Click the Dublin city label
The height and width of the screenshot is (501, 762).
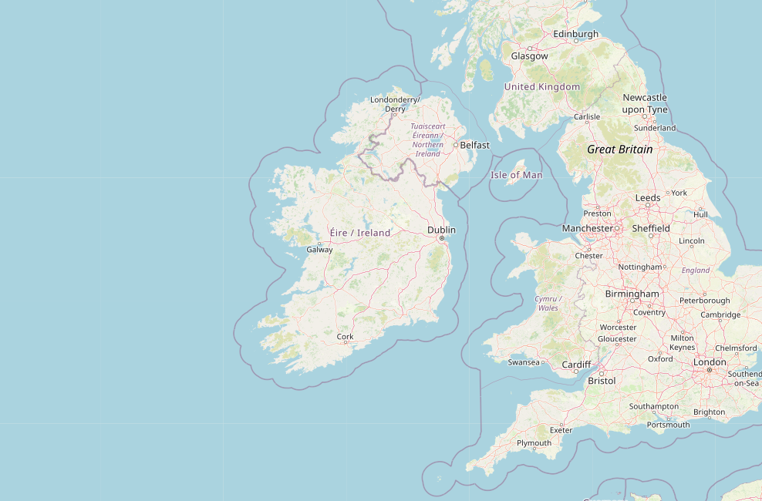tap(442, 230)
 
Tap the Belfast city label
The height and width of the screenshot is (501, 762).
tap(474, 145)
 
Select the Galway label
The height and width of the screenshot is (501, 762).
tap(319, 250)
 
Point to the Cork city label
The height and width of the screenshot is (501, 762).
tap(345, 337)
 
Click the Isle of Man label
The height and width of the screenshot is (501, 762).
tap(516, 175)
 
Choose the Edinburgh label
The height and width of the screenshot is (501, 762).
tap(575, 34)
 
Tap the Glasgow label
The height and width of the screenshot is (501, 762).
tap(529, 56)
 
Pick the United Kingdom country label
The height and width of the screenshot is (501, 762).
tap(541, 87)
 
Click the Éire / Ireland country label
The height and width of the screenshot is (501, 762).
tap(359, 233)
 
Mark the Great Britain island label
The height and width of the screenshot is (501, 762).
tap(619, 150)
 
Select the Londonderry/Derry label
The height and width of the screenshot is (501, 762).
tap(395, 104)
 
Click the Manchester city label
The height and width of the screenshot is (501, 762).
tap(587, 229)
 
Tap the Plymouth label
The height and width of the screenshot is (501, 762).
tap(534, 443)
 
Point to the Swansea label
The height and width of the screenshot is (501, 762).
tap(524, 362)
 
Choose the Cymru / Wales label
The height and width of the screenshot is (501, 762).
tap(548, 303)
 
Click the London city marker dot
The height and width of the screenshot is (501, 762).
tap(710, 370)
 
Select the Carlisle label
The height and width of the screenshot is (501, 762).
tap(586, 117)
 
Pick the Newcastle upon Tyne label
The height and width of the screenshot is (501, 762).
tap(645, 103)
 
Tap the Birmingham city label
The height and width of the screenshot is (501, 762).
tap(632, 294)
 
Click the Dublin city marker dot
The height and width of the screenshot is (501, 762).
tap(442, 238)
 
